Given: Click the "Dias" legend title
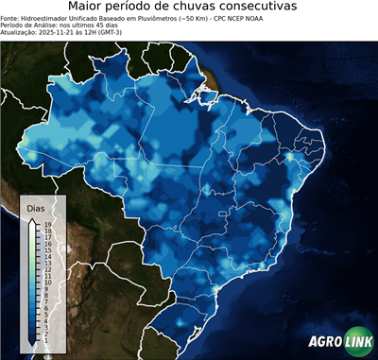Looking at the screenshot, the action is point(35,207).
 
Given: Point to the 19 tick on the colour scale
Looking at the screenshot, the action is point(46,224).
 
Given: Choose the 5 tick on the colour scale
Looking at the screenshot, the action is point(45,311).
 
